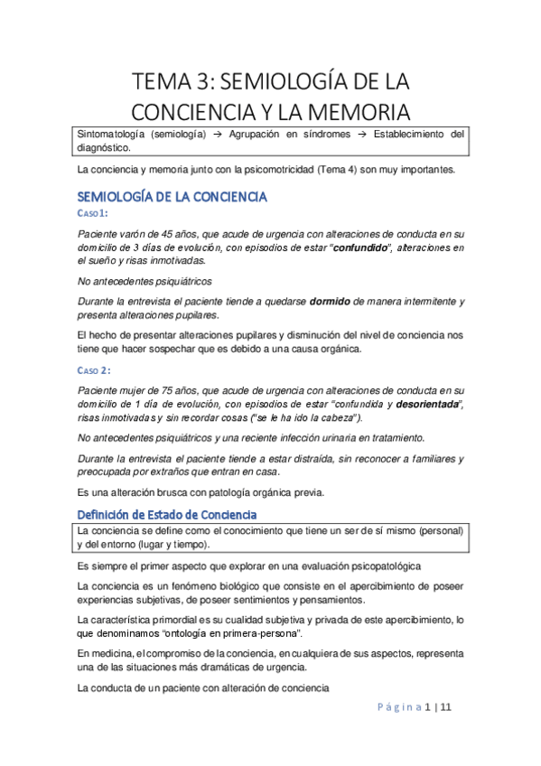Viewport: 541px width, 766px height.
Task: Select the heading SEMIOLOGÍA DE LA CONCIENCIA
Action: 173,196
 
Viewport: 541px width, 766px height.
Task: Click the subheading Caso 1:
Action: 92,213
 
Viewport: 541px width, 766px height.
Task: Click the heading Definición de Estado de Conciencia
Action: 182,514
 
